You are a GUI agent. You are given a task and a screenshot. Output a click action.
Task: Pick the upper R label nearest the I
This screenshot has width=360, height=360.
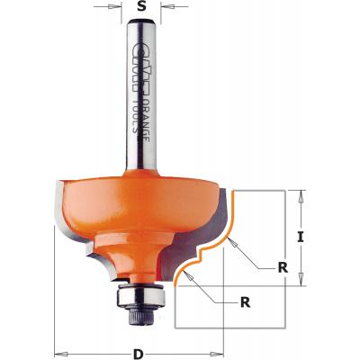[x=283, y=268]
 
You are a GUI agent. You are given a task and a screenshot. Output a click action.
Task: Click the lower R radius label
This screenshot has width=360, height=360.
[x=244, y=303]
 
